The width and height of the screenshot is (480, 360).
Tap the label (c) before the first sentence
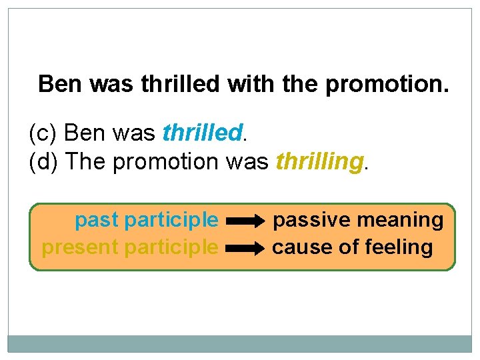pyautogui.click(x=44, y=133)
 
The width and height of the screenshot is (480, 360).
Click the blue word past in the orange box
pyautogui.click(x=97, y=219)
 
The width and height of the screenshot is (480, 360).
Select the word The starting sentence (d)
pyautogui.click(x=88, y=161)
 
